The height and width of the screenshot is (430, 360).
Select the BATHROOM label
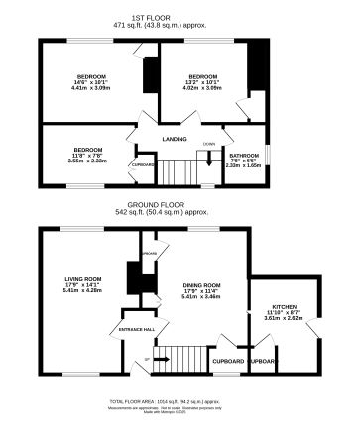(x=243, y=155)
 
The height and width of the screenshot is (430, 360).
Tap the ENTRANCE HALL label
(x=135, y=328)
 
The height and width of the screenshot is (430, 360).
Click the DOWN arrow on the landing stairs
(x=209, y=154)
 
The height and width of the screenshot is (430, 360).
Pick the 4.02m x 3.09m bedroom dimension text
(x=203, y=89)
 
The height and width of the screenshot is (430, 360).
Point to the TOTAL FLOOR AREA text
(x=179, y=399)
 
